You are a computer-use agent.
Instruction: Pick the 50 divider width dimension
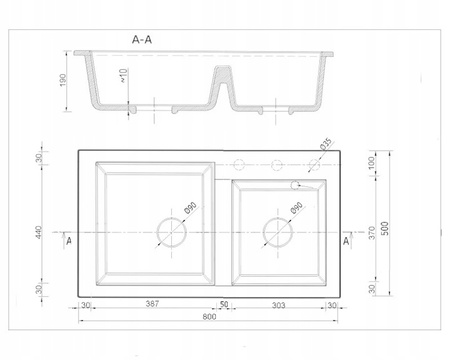(x=226, y=305)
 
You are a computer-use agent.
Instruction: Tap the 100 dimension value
(x=371, y=163)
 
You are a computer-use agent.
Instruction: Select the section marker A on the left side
(x=66, y=241)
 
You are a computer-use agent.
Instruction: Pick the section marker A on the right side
(x=347, y=241)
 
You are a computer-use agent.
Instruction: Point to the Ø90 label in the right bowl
(x=295, y=212)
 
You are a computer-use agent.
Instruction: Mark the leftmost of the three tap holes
(x=239, y=164)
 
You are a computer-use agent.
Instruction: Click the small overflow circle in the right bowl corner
(x=296, y=185)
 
